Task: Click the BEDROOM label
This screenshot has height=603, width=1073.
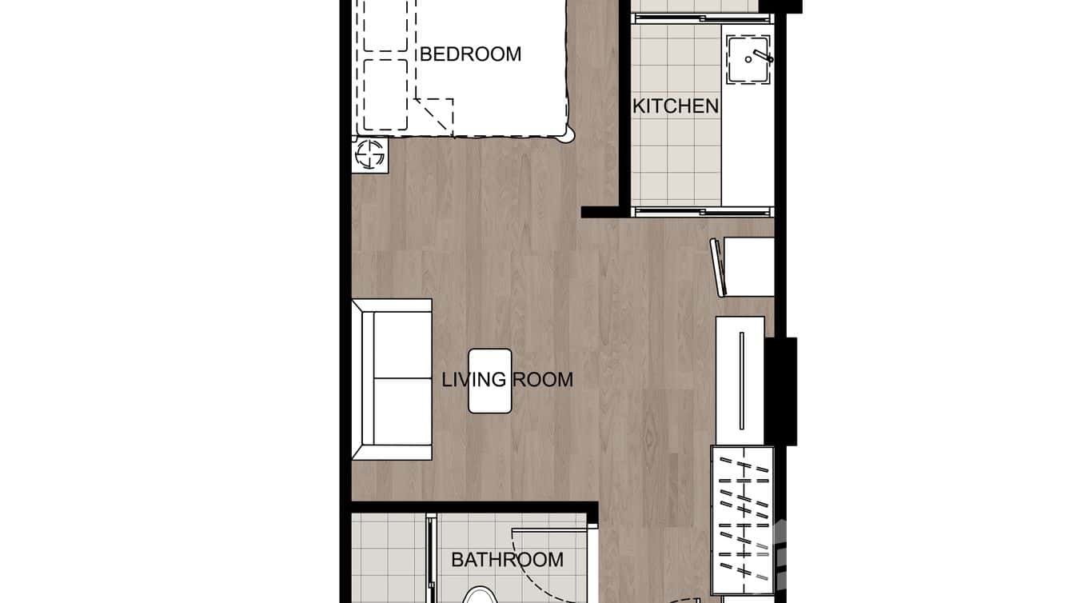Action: click(470, 54)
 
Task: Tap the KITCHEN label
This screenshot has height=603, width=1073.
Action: click(676, 106)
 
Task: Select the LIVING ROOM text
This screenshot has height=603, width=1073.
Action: click(508, 379)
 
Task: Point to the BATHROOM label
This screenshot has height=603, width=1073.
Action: click(507, 560)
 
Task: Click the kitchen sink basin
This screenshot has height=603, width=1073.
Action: click(748, 58)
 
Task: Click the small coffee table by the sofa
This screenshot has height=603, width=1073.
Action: click(489, 381)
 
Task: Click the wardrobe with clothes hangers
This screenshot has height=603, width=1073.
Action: click(743, 520)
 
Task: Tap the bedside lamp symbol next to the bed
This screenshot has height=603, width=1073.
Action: click(369, 154)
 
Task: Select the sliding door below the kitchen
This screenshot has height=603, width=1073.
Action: click(702, 211)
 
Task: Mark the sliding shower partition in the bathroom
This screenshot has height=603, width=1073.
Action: click(431, 560)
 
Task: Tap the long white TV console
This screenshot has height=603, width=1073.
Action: click(740, 381)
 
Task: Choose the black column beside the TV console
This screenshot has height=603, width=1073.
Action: click(781, 391)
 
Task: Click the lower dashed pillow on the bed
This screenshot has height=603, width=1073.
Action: click(385, 94)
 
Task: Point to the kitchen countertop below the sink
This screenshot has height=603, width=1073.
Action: click(748, 144)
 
